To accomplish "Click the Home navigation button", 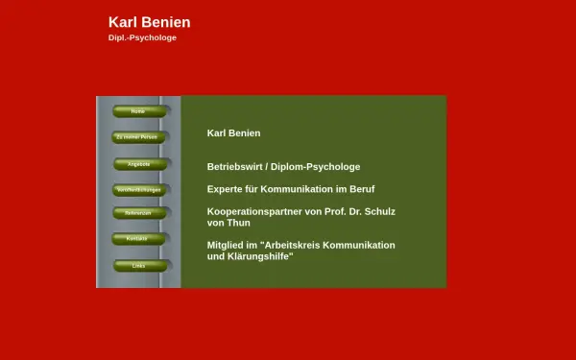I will tap(138, 111).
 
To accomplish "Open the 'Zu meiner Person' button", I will tap(138, 137).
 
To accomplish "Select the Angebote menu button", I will tap(138, 164).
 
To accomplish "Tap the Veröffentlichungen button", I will tap(138, 190).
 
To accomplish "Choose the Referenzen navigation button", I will tap(138, 213).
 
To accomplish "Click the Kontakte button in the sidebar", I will tap(138, 238).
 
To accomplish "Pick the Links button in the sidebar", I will tap(138, 265).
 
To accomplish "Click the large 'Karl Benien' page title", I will tap(150, 22).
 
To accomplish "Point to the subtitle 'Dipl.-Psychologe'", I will tap(143, 38).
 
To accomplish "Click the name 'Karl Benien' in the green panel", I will tap(233, 133).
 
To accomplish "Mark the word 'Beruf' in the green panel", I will tap(360, 189).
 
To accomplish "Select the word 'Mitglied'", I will tap(227, 245).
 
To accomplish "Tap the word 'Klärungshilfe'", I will tap(260, 256).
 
